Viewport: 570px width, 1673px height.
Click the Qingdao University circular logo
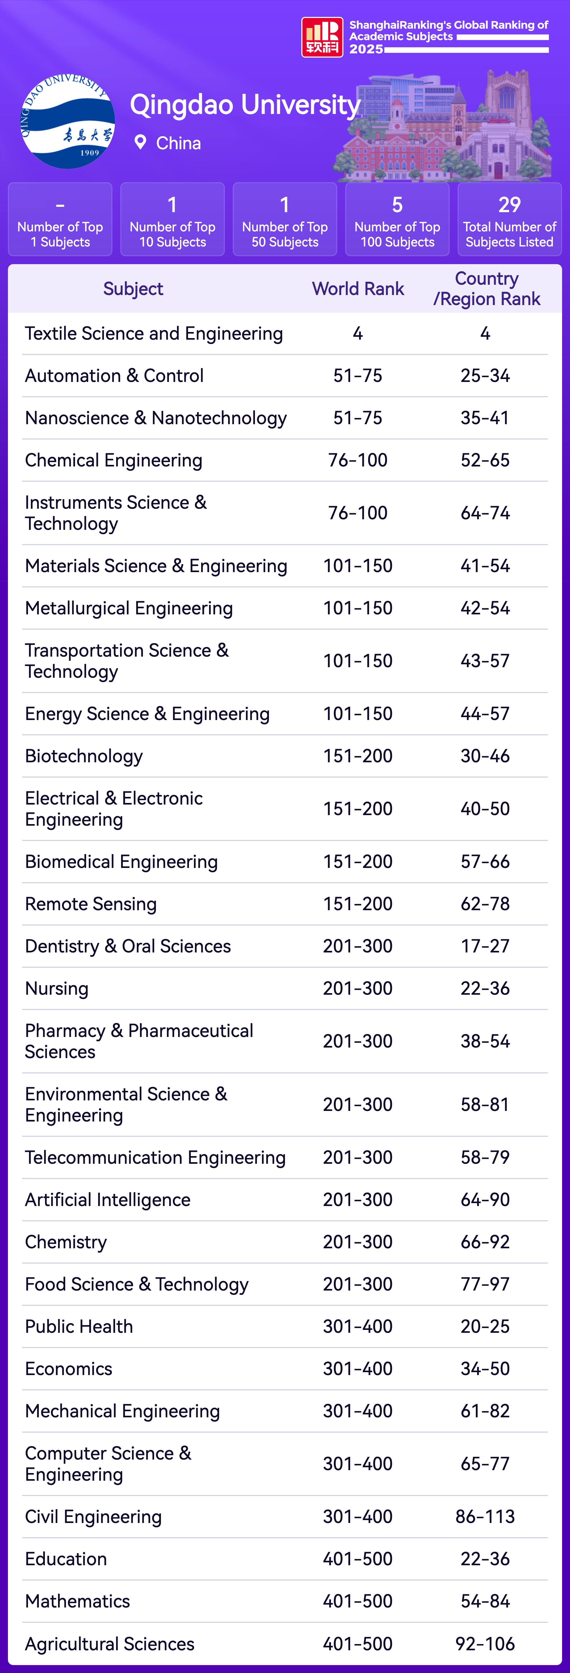(x=68, y=121)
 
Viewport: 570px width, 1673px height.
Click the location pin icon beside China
(x=140, y=142)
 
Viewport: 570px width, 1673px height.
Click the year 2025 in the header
(x=366, y=49)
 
